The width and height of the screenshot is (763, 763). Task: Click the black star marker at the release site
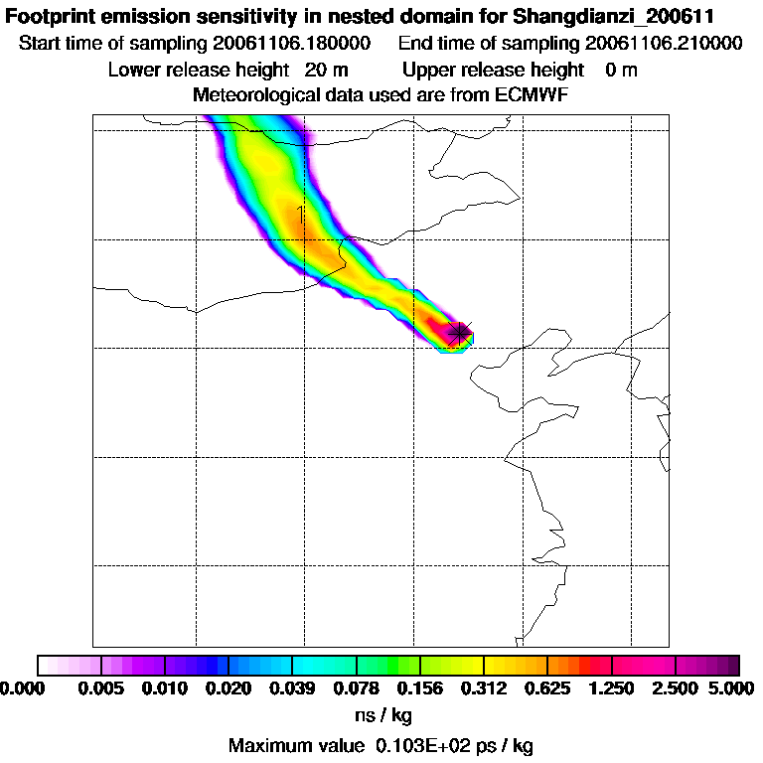pos(459,333)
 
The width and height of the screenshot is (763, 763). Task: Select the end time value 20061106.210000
pos(664,44)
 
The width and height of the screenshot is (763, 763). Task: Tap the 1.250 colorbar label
pos(612,688)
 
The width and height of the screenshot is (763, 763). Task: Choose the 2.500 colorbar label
pos(676,688)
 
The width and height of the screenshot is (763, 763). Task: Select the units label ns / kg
pos(383,714)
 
